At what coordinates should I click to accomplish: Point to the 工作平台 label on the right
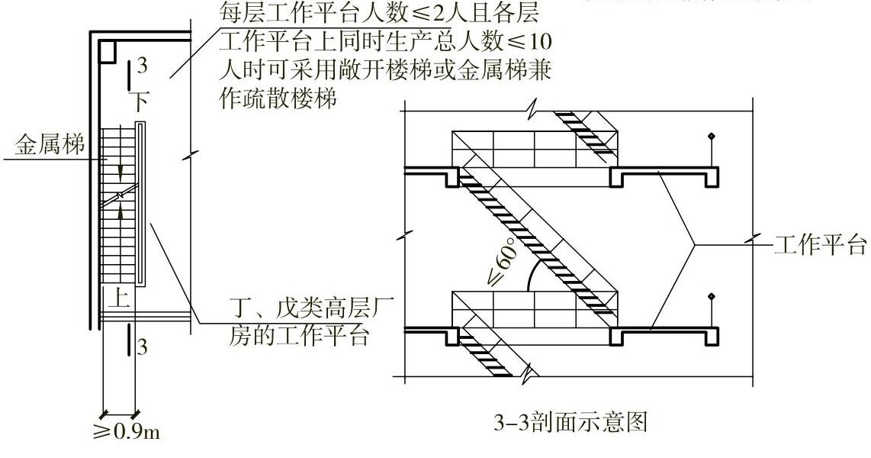[820, 246]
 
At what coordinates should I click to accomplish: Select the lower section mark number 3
[141, 347]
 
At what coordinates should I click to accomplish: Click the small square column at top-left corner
[107, 50]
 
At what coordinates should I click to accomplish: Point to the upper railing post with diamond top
[712, 153]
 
